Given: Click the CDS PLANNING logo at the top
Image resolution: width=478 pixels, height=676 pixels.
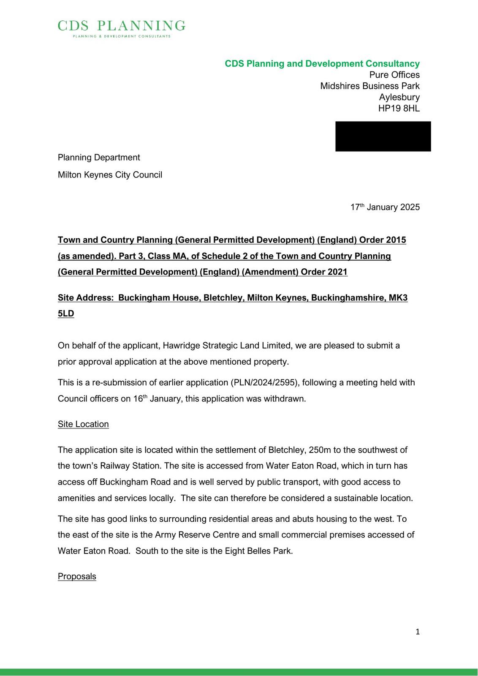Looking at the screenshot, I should coord(121,26).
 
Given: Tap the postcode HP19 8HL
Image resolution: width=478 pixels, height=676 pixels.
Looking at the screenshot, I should coord(399,108).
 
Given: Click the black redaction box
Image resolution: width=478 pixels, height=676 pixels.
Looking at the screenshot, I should coord(383,136).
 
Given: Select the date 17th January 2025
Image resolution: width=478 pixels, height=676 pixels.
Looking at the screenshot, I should coord(385,207).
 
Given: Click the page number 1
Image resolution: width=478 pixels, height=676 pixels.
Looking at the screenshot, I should coord(418,632).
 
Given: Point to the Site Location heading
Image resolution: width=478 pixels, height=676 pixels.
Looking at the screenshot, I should coord(83,424).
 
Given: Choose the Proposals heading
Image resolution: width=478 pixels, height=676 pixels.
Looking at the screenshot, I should coord(77,577).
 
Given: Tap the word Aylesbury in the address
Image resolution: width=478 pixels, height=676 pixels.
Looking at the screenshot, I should coord(399,97).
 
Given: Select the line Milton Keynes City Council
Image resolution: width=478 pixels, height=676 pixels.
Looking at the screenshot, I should coord(110,175).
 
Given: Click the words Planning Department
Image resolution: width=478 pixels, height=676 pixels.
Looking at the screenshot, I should coord(99,158).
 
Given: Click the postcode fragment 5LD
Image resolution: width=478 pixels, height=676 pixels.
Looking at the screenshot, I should coord(66,314).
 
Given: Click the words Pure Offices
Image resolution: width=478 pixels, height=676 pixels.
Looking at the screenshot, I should coord(394,75).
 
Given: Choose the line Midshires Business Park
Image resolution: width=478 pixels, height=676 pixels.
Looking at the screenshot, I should coord(369,86).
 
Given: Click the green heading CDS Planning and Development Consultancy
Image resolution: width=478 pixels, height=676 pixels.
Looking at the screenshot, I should coord(322,64).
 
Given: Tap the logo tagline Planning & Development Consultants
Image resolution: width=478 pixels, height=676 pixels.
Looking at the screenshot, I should coord(122,36).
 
